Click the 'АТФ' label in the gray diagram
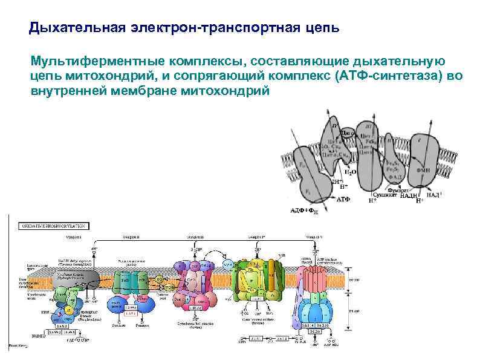(x=343, y=198)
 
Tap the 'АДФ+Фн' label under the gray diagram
(x=305, y=211)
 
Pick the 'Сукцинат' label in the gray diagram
(x=384, y=195)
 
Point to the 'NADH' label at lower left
(x=37, y=335)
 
